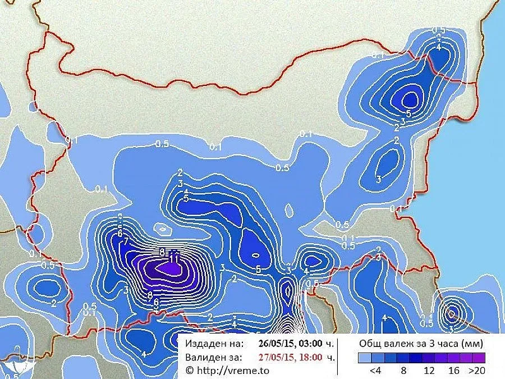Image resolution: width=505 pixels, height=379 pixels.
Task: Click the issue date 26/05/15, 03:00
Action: pos(289,343)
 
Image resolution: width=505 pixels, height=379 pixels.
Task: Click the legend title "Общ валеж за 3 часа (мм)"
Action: pos(421,343)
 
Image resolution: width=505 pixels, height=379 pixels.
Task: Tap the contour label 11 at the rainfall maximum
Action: pos(174,258)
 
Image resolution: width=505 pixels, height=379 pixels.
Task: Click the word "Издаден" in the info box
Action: pos(204,343)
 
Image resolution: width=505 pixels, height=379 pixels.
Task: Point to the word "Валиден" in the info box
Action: pos(204,357)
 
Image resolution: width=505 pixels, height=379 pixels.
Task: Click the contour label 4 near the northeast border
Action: pos(439,47)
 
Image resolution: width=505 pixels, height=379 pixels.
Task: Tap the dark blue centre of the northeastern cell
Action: pos(411,99)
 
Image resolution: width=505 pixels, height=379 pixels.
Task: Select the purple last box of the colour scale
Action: pos(479,357)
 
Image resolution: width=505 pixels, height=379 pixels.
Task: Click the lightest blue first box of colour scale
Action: pos(364,357)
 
